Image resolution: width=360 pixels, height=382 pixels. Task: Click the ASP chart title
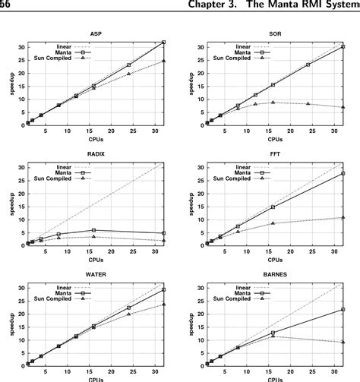95,33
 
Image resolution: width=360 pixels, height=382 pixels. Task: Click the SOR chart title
275,33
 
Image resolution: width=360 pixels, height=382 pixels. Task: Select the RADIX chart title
95,153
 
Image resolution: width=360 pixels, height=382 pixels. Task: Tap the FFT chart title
275,153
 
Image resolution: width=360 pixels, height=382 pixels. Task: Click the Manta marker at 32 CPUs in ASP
164,43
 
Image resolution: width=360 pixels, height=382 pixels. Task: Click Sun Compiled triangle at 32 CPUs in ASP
164,61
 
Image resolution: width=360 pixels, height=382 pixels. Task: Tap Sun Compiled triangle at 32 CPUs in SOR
343,107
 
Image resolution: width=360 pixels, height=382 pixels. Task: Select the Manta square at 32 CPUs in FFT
343,173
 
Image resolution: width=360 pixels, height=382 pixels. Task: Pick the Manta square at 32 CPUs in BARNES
343,310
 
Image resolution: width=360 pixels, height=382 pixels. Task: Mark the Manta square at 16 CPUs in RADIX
93,229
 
